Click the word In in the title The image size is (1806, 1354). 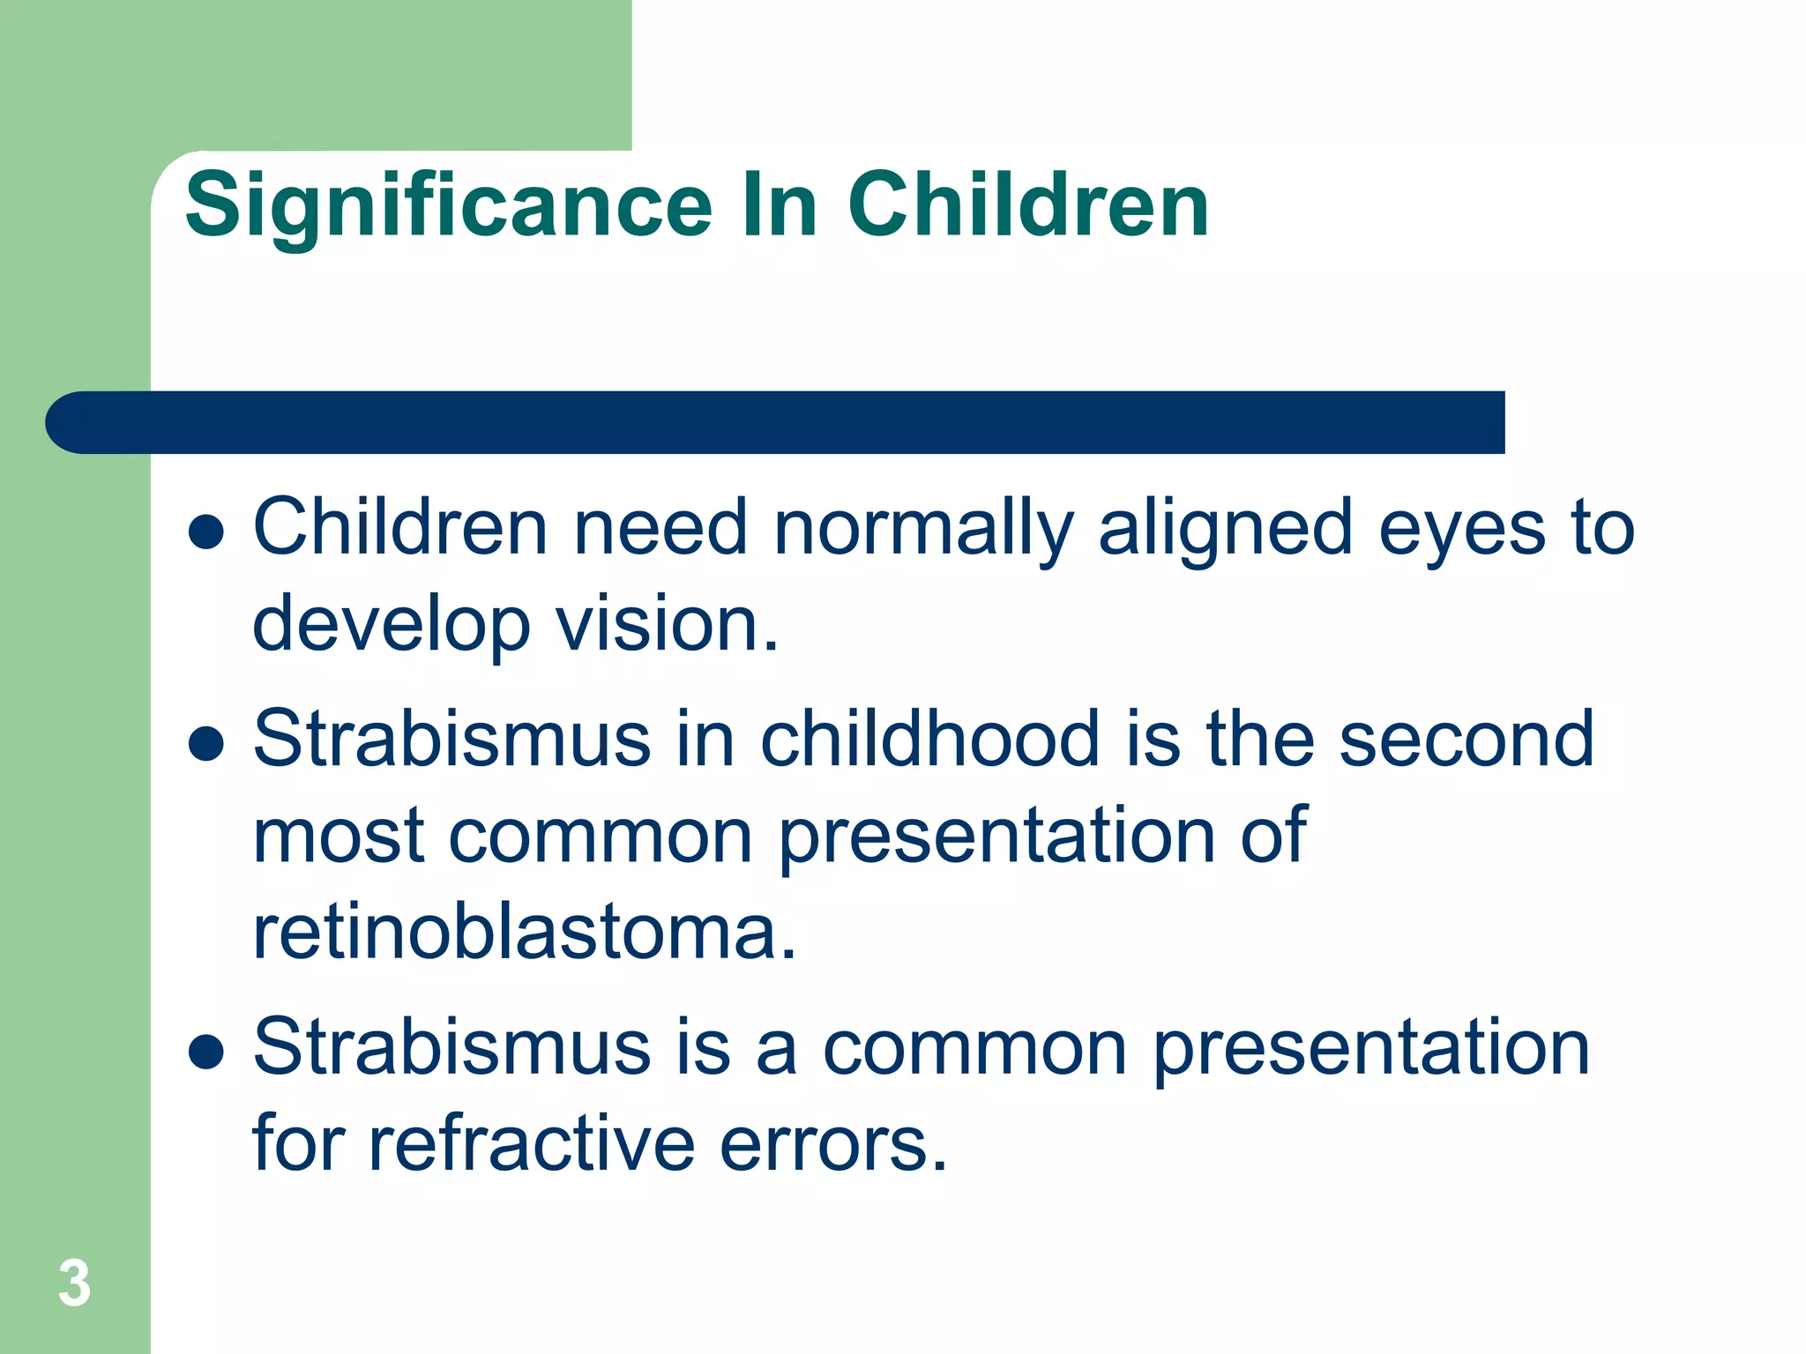click(779, 205)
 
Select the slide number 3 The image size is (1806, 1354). click(74, 1283)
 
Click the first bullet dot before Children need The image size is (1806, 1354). click(205, 532)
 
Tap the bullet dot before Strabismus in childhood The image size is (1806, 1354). click(205, 743)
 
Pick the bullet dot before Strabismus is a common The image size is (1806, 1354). click(205, 1051)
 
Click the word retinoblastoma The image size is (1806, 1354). click(525, 933)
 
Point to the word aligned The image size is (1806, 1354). click(1225, 529)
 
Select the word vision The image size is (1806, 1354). click(667, 624)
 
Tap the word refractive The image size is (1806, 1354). click(531, 1143)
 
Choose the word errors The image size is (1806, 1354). click(833, 1143)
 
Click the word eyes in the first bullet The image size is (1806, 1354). click(1461, 529)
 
